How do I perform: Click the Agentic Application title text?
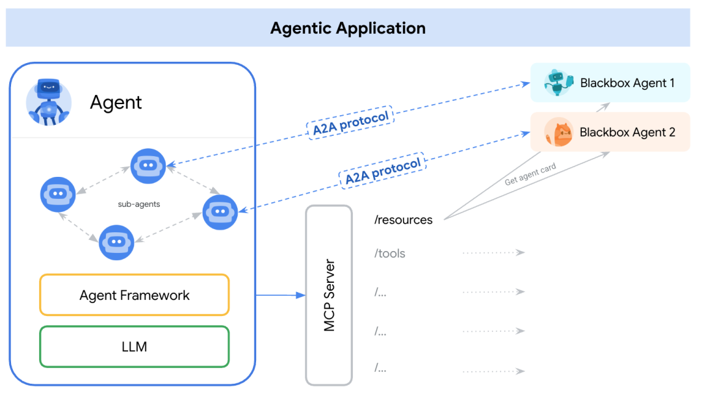click(x=348, y=29)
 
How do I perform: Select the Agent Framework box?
click(x=135, y=295)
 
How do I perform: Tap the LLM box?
click(x=135, y=347)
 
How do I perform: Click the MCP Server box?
click(x=329, y=295)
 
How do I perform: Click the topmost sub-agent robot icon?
click(x=148, y=166)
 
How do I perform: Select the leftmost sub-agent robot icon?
click(x=58, y=194)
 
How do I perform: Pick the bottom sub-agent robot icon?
click(x=116, y=242)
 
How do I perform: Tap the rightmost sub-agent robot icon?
click(x=220, y=212)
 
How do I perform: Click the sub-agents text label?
click(x=139, y=204)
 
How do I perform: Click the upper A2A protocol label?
click(x=350, y=122)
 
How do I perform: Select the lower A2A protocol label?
click(x=383, y=171)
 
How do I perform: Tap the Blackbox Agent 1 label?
click(x=627, y=83)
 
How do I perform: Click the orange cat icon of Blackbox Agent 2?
click(x=558, y=133)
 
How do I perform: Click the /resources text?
click(x=403, y=220)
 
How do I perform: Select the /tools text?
click(x=389, y=254)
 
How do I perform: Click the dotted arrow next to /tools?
click(x=493, y=253)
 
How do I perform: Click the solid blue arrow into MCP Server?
click(x=280, y=295)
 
